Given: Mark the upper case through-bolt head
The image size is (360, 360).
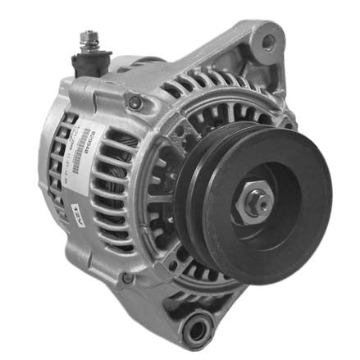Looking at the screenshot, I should [135, 103].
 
